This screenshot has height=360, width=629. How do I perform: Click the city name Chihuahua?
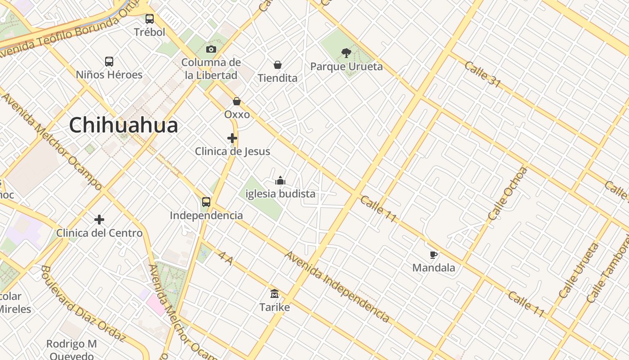pyautogui.click(x=124, y=125)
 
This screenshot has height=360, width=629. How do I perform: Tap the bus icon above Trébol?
pyautogui.click(x=150, y=19)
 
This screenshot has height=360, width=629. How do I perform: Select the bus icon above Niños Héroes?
pyautogui.click(x=109, y=62)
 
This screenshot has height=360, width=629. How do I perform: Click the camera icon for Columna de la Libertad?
pyautogui.click(x=211, y=49)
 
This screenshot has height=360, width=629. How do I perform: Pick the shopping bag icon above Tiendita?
pyautogui.click(x=278, y=65)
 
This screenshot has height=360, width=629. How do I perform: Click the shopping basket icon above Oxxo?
pyautogui.click(x=237, y=101)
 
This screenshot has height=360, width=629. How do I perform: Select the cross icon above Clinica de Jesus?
pyautogui.click(x=232, y=138)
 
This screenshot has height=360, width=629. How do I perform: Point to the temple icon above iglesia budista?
pyautogui.click(x=280, y=180)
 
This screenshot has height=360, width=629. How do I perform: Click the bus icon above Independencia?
pyautogui.click(x=206, y=202)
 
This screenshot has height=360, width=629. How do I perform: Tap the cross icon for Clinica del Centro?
pyautogui.click(x=99, y=220)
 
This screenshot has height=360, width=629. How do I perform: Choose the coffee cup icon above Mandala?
pyautogui.click(x=434, y=255)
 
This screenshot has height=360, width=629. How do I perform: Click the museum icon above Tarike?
pyautogui.click(x=275, y=294)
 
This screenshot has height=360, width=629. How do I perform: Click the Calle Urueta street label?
pyautogui.click(x=579, y=270)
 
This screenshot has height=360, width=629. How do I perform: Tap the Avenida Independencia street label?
pyautogui.click(x=337, y=287)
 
